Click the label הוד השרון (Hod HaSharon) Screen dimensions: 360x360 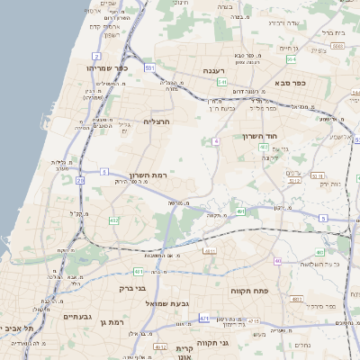pos(263,136)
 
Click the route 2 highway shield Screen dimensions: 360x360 pos(95,56)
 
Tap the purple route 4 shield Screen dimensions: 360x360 pos(217,142)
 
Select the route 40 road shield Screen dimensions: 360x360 pos(278,261)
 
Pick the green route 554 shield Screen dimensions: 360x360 pos(292,59)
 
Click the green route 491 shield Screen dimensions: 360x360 pos(242,211)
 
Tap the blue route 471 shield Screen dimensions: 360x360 pos(205,318)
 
